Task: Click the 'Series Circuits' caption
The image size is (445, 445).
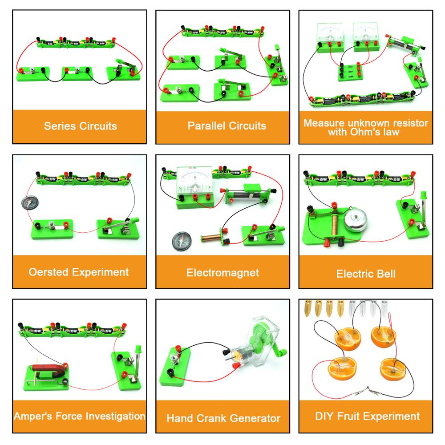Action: coord(80,126)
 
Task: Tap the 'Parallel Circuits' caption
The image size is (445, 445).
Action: coord(227,126)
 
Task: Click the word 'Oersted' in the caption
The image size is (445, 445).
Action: coord(49,272)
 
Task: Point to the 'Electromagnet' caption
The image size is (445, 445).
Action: coord(222,272)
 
